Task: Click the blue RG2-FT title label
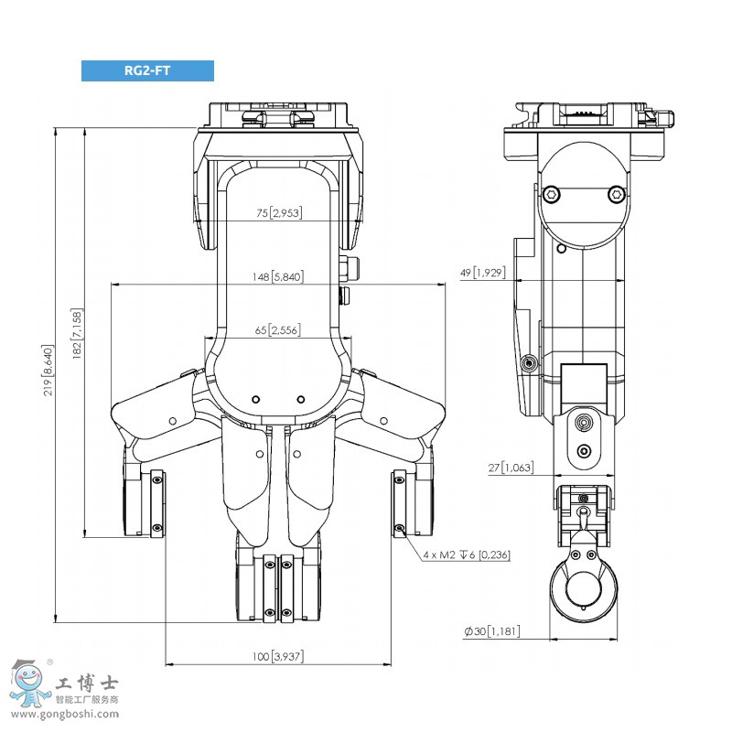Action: coord(147,70)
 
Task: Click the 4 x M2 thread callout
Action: coord(467,554)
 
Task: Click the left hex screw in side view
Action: coord(552,194)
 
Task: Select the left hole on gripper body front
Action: coord(256,399)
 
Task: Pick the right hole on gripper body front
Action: coord(300,399)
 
